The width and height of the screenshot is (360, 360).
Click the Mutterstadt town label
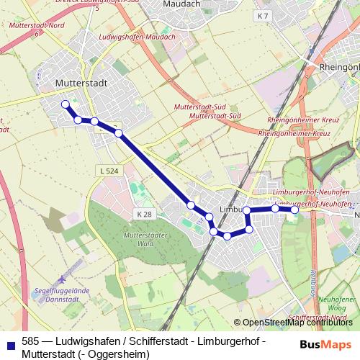[x=81, y=84]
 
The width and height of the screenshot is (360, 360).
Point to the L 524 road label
[x=107, y=171]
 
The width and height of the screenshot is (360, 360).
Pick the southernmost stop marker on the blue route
[x=227, y=235]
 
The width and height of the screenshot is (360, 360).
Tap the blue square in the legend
[x=9, y=343]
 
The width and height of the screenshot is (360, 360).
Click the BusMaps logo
[x=325, y=343]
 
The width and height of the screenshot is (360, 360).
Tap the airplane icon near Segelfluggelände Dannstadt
[x=63, y=278]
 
